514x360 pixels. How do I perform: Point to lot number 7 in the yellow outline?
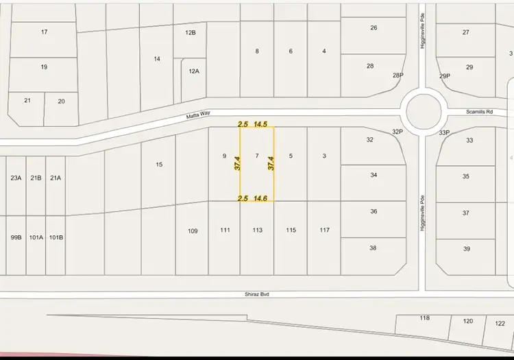[257, 156]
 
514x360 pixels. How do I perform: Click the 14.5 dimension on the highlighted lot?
[260, 124]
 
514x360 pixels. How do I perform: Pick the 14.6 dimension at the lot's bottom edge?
[260, 198]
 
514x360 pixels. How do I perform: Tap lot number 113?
[257, 230]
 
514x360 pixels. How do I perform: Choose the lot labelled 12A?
[194, 71]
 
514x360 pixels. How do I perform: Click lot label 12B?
[191, 32]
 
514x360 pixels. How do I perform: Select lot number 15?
[159, 164]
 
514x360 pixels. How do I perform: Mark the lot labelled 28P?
[397, 75]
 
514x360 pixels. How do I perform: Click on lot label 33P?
[443, 133]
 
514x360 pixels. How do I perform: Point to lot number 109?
[193, 231]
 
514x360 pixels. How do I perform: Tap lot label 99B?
[16, 238]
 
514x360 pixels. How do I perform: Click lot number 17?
[45, 32]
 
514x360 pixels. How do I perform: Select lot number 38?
[373, 248]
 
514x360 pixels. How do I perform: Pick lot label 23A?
[16, 178]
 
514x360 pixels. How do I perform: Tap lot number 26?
[374, 28]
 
